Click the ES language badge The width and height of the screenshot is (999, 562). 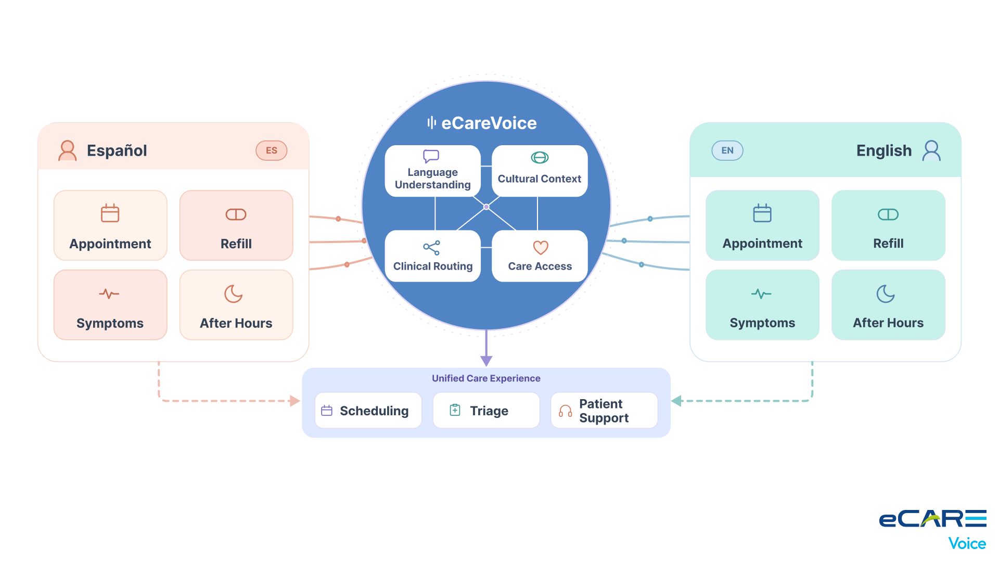pyautogui.click(x=271, y=150)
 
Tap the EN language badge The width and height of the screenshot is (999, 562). pyautogui.click(x=727, y=150)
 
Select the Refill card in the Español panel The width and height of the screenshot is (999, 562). pyautogui.click(x=236, y=225)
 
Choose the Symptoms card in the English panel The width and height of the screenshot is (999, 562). pyautogui.click(x=762, y=305)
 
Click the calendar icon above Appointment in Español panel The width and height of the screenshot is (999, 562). pyautogui.click(x=110, y=213)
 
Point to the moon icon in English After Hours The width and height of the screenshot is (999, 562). pyautogui.click(x=886, y=293)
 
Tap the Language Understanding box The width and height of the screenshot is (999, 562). pyautogui.click(x=433, y=171)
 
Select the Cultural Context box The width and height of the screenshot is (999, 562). pyautogui.click(x=540, y=171)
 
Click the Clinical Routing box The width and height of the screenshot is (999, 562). pyautogui.click(x=433, y=256)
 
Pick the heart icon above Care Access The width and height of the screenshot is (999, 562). pyautogui.click(x=541, y=248)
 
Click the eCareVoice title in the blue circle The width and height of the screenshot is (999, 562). pyautogui.click(x=482, y=123)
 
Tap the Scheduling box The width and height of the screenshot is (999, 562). pyautogui.click(x=368, y=411)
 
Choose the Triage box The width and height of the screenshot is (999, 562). pyautogui.click(x=486, y=411)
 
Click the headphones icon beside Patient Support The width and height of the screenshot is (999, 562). pyautogui.click(x=565, y=411)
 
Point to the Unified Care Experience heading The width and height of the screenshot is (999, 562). pyautogui.click(x=486, y=378)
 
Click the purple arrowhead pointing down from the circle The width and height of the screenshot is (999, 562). pyautogui.click(x=486, y=361)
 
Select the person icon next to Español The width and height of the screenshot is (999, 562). pyautogui.click(x=68, y=150)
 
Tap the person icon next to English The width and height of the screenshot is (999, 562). pyautogui.click(x=931, y=150)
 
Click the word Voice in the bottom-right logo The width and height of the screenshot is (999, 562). pyautogui.click(x=967, y=544)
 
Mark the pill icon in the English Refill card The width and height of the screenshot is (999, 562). pyautogui.click(x=888, y=214)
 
